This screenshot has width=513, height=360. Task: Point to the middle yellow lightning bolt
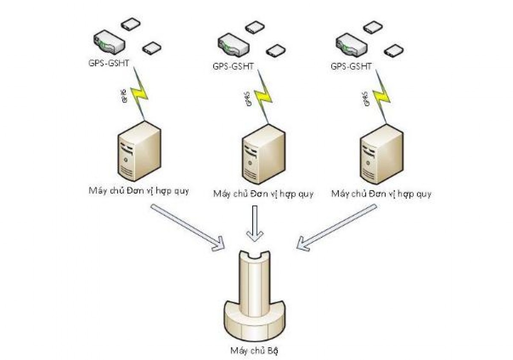point(262,98)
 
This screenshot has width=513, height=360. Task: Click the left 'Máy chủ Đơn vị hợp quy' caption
point(139,190)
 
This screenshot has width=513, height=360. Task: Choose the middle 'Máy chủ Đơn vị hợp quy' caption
point(263,194)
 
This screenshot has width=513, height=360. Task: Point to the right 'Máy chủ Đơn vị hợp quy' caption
point(381,194)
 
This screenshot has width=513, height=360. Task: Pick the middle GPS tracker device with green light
point(232,45)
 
